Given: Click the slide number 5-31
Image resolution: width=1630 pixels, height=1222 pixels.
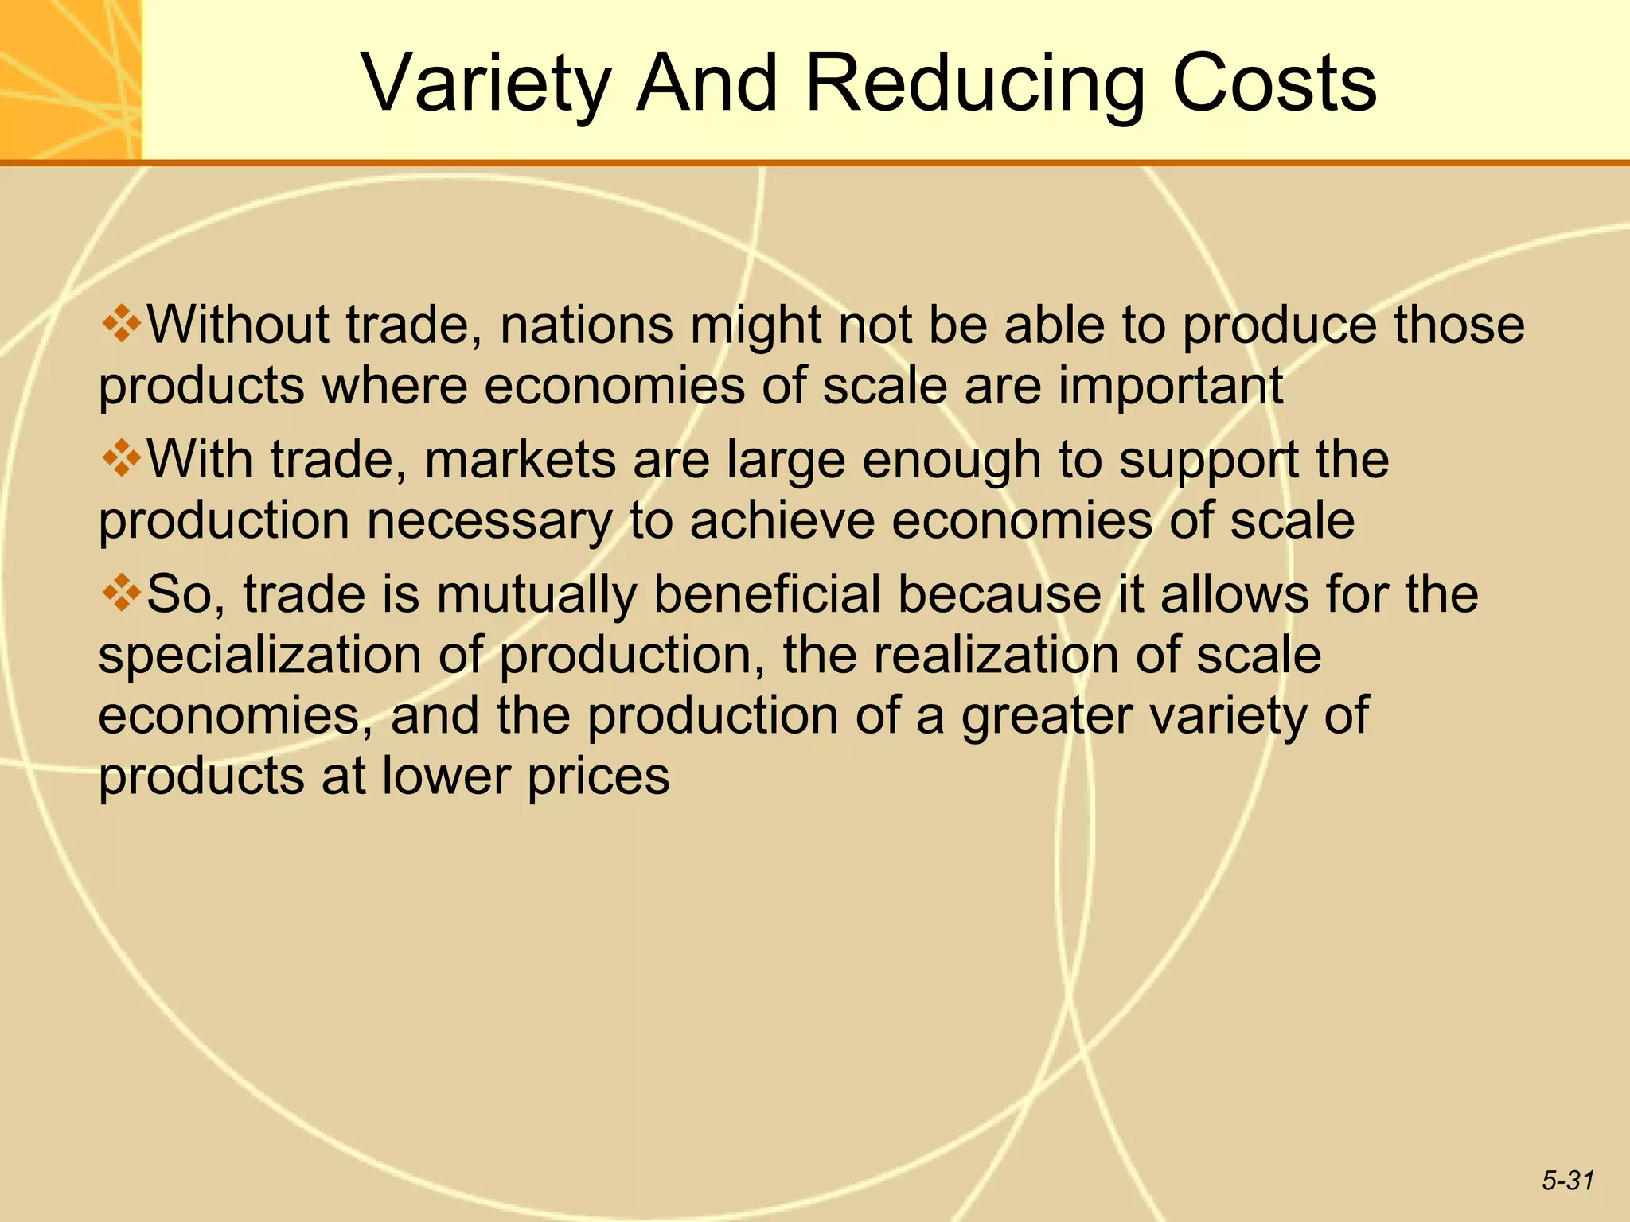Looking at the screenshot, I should [1567, 1181].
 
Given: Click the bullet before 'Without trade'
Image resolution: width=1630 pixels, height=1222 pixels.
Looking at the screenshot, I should [121, 325].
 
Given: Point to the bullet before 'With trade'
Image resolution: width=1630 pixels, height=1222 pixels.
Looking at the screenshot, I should [121, 459].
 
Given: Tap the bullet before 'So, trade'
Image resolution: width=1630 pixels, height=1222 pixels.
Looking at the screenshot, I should [121, 593].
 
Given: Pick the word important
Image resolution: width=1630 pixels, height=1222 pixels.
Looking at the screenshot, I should [1170, 386].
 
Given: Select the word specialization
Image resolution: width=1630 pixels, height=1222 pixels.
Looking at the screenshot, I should [259, 656].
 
